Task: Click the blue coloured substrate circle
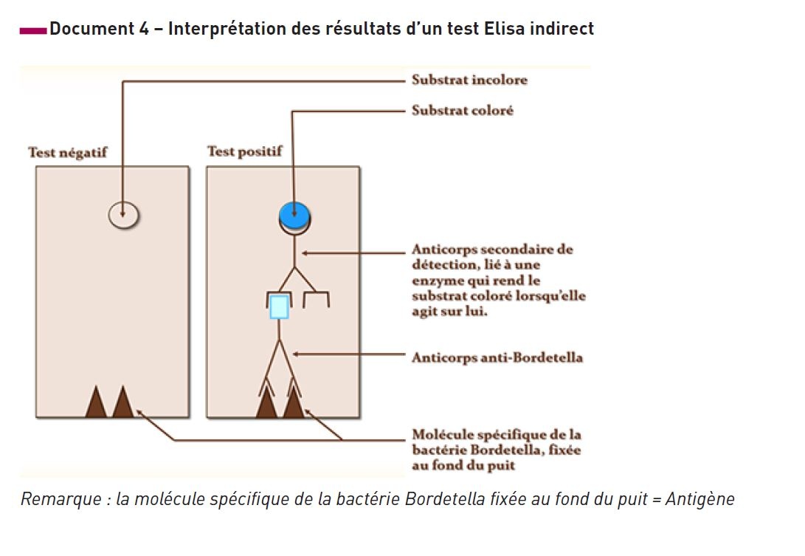click(294, 215)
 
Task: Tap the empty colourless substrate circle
click(123, 215)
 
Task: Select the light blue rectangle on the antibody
click(278, 306)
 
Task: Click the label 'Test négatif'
click(67, 153)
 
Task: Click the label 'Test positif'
click(244, 152)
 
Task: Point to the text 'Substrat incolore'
click(469, 80)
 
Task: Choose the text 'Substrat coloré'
click(462, 111)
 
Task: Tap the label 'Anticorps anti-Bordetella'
click(497, 358)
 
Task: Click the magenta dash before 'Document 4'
click(32, 30)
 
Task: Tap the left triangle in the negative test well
click(96, 403)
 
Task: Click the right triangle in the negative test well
click(122, 403)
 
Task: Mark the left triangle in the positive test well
click(266, 404)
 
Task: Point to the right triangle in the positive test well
click(294, 404)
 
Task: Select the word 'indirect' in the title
click(566, 30)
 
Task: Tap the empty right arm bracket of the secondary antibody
click(317, 299)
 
